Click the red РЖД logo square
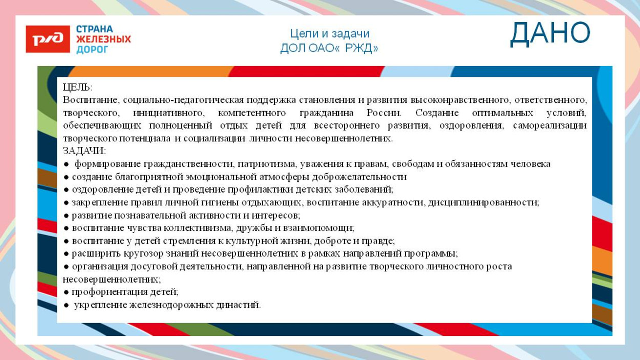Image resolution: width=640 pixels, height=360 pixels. tap(48, 39)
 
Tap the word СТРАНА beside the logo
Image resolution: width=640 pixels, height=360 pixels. tap(95, 29)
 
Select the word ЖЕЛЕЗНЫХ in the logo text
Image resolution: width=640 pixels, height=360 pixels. tap(103, 39)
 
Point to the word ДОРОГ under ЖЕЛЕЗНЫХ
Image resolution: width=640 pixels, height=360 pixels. tap(92, 50)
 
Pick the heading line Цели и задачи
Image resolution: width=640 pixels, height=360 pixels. tap(329, 34)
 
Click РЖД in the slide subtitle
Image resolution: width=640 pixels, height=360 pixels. tap(361, 48)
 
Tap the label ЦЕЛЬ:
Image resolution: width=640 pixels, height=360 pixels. tap(77, 87)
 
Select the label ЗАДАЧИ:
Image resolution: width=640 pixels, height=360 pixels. tap(84, 151)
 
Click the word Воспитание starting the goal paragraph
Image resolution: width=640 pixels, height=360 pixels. tap(91, 100)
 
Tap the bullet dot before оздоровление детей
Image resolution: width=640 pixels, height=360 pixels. tap(67, 189)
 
